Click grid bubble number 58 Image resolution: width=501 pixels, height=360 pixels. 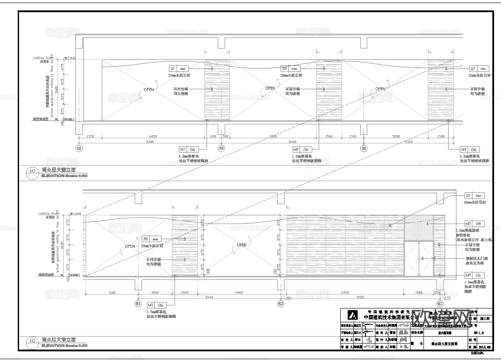point(79,148)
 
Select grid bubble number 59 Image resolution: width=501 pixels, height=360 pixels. point(221,148)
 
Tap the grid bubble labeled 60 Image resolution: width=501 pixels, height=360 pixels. point(364,148)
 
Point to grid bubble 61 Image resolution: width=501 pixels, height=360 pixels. point(138,304)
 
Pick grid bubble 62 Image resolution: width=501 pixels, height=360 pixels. point(281,304)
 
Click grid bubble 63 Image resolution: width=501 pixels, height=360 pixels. point(440,304)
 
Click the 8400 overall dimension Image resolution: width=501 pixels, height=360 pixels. point(209,297)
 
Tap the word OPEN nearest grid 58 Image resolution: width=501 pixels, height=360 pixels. point(149,90)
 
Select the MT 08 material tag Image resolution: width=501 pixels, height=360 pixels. point(474,224)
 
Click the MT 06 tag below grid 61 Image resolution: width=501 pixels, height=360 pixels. point(156,305)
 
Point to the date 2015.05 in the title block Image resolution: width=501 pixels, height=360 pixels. point(485,347)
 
